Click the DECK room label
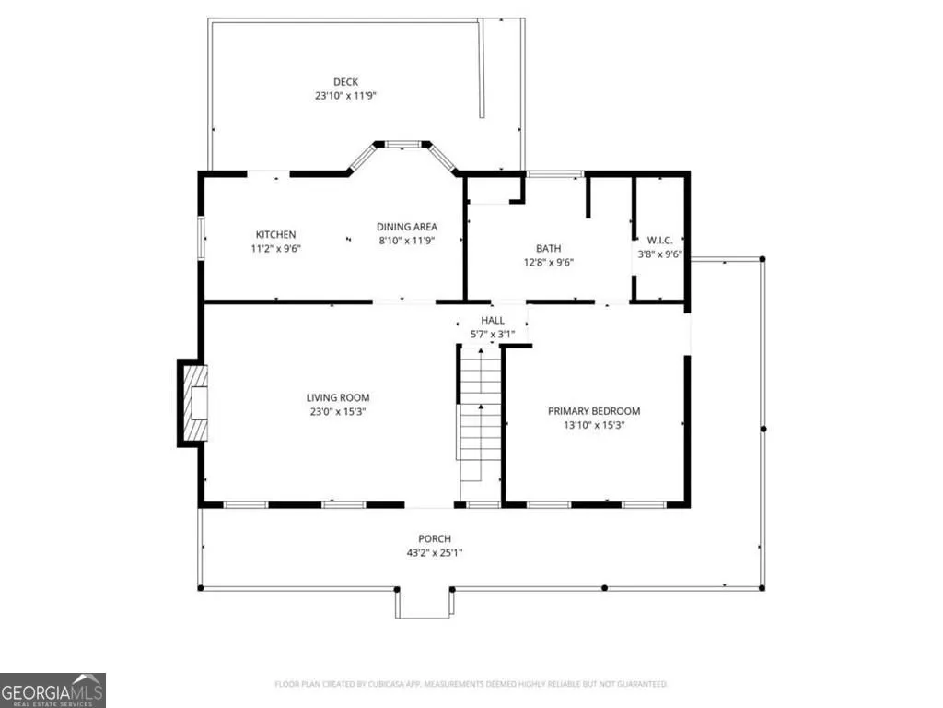pyautogui.click(x=346, y=82)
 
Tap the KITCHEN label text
pyautogui.click(x=275, y=235)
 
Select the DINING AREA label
pyautogui.click(x=406, y=227)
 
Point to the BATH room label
pyautogui.click(x=549, y=248)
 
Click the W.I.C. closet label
pyautogui.click(x=659, y=241)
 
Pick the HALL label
pyautogui.click(x=493, y=320)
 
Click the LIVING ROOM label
pyautogui.click(x=338, y=397)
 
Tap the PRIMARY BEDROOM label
pyautogui.click(x=594, y=411)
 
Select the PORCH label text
pyautogui.click(x=435, y=538)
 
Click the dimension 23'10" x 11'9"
pyautogui.click(x=346, y=96)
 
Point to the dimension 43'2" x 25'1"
pyautogui.click(x=435, y=553)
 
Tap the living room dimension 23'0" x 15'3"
pyautogui.click(x=338, y=412)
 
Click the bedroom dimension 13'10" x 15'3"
pyautogui.click(x=594, y=425)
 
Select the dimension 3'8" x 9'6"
pyautogui.click(x=659, y=254)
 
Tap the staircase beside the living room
pyautogui.click(x=479, y=414)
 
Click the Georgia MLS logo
pyautogui.click(x=52, y=690)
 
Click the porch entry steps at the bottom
pyautogui.click(x=424, y=603)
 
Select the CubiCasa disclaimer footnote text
pyautogui.click(x=471, y=684)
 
